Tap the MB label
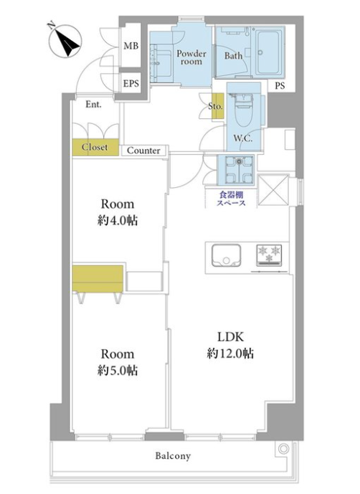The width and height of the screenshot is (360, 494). coord(131,46)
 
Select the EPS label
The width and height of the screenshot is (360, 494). coord(131,83)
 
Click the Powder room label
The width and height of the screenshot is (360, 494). coord(191,57)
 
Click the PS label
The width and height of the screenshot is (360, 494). coord(280,85)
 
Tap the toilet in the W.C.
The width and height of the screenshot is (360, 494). coord(243,111)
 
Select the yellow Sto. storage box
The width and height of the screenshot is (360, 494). coord(217,106)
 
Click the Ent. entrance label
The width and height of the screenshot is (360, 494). coord(93,104)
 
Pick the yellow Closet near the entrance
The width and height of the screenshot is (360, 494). coord(95,147)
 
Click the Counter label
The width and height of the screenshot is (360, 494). coord(143,151)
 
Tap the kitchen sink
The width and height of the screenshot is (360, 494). coord(227,255)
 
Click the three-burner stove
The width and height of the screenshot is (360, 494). coord(269,255)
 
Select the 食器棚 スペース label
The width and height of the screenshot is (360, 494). coord(231,199)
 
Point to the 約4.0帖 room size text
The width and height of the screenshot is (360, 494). coord(118,221)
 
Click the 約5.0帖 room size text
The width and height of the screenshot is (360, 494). coord(118,371)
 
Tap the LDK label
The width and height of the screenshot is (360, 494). coord(231,337)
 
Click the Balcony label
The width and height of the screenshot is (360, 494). coord(173,456)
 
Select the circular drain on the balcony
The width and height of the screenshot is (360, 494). coord(284,449)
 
